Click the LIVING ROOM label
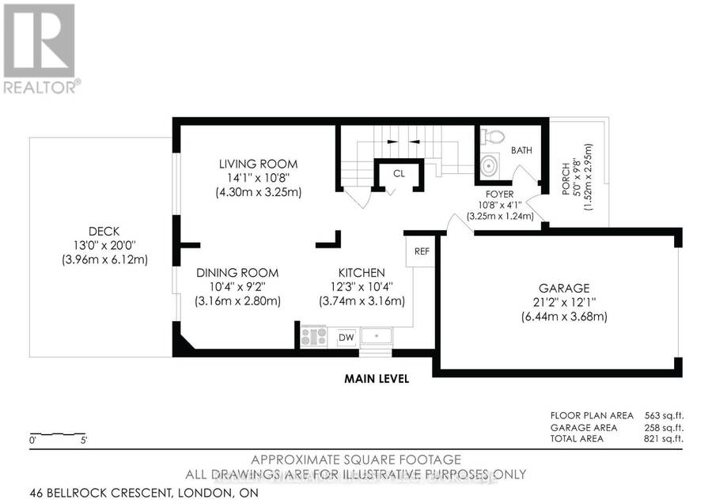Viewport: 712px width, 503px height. click(258, 164)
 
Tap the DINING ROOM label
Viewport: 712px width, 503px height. click(237, 273)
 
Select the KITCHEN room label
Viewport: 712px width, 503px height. click(362, 273)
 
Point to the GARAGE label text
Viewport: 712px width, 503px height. click(564, 288)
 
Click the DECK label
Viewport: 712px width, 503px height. click(104, 232)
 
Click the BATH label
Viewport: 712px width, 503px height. click(521, 150)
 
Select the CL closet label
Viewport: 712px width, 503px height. click(399, 173)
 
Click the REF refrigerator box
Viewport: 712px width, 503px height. click(421, 251)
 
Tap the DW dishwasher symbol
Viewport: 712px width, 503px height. click(347, 337)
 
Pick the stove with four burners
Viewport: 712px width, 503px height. click(314, 337)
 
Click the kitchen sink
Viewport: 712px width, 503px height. click(376, 336)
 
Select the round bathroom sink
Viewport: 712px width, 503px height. click(490, 166)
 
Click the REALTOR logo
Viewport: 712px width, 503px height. click(40, 48)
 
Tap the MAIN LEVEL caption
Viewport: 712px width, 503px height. click(377, 379)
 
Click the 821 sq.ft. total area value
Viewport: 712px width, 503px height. click(664, 438)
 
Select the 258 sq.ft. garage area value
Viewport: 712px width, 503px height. click(664, 428)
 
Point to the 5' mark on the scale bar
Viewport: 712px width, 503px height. click(84, 440)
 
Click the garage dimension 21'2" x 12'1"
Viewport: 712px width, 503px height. click(564, 302)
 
